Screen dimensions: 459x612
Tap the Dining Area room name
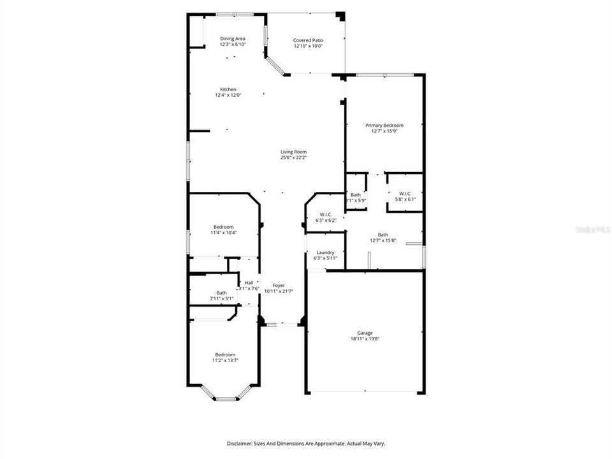pyautogui.click(x=233, y=38)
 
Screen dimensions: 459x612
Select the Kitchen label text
pyautogui.click(x=228, y=89)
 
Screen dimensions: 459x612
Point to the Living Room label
pyautogui.click(x=293, y=152)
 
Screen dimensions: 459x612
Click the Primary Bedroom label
pyautogui.click(x=384, y=126)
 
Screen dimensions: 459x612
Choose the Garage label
pyautogui.click(x=365, y=333)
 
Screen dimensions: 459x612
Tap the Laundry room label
pyautogui.click(x=326, y=252)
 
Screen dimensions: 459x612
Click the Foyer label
pyautogui.click(x=279, y=285)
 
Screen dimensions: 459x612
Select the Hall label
pyautogui.click(x=249, y=282)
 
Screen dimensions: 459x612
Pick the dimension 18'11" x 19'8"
pyautogui.click(x=365, y=339)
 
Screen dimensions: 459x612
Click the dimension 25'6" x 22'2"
pyautogui.click(x=293, y=158)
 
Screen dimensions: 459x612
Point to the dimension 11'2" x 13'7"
pyautogui.click(x=224, y=361)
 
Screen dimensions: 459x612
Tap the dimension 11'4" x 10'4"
pyautogui.click(x=224, y=233)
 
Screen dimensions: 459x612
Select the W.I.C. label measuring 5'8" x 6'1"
pyautogui.click(x=405, y=193)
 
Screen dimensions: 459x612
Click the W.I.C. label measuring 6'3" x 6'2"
pyautogui.click(x=326, y=214)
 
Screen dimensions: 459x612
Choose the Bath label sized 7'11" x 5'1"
pyautogui.click(x=221, y=293)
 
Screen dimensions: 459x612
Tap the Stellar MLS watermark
pyautogui.click(x=593, y=228)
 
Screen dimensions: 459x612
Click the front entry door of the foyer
pyautogui.click(x=281, y=325)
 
